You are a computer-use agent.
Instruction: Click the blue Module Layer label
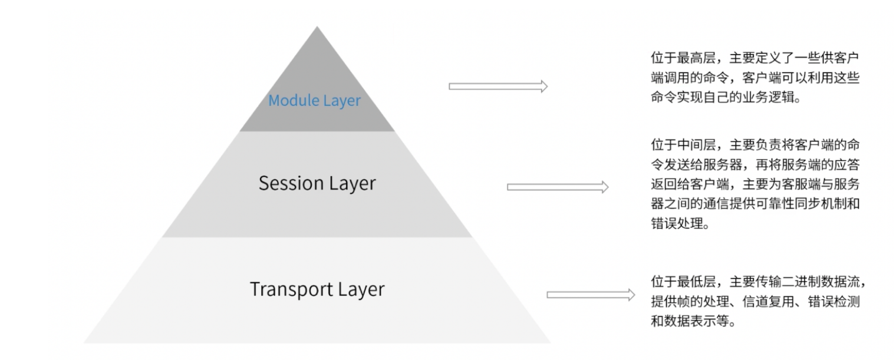314,100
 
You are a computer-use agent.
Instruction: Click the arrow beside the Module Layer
498,87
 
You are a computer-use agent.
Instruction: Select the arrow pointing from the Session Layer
557,187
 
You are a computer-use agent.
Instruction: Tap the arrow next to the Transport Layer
591,295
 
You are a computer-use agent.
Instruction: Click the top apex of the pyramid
317,28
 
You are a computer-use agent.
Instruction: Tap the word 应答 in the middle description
852,164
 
